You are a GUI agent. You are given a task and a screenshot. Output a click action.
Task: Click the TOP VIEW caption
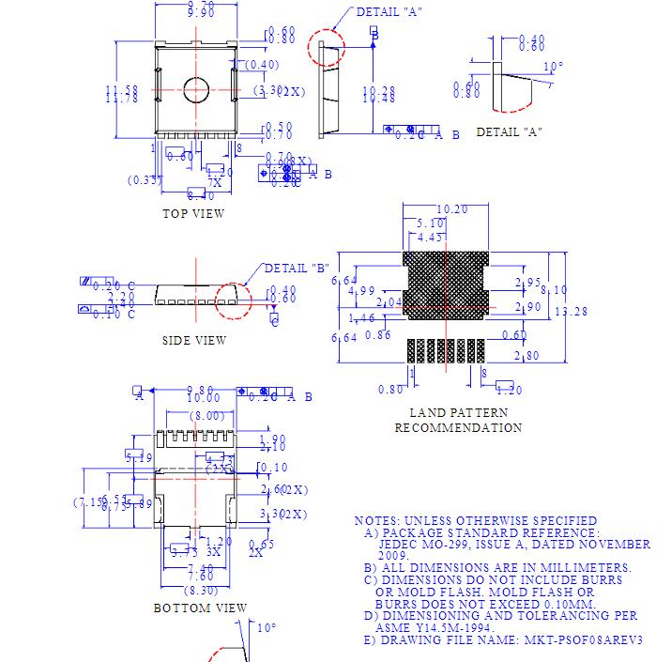click(194, 213)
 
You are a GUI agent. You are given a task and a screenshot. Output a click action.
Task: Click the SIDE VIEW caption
click(194, 340)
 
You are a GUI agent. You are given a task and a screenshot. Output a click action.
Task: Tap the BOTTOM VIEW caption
click(201, 608)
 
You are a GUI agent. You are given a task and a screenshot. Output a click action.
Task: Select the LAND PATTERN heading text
click(459, 412)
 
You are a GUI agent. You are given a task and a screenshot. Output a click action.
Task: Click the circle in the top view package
click(197, 90)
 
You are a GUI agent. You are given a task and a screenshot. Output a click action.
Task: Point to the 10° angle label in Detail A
click(554, 67)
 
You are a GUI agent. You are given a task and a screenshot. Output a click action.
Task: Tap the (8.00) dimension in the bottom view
click(207, 416)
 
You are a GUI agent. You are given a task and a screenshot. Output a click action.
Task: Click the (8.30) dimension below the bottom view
click(203, 590)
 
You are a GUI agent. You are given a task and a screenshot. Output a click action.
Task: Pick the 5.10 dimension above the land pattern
click(431, 223)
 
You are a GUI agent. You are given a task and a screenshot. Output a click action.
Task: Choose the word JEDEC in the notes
click(402, 544)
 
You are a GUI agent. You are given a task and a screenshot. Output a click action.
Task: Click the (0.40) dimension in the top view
click(263, 64)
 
